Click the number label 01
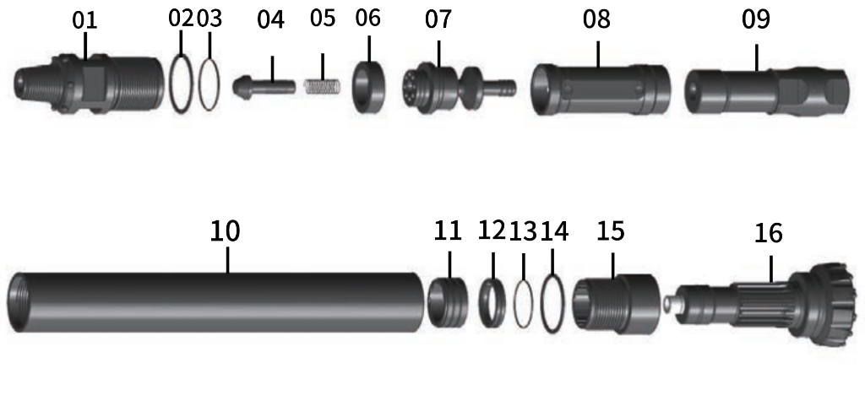tap(84, 20)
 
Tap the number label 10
tap(225, 230)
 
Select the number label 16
tap(768, 233)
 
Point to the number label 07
tap(438, 19)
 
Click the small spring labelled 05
tap(322, 87)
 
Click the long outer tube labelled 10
tap(216, 302)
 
